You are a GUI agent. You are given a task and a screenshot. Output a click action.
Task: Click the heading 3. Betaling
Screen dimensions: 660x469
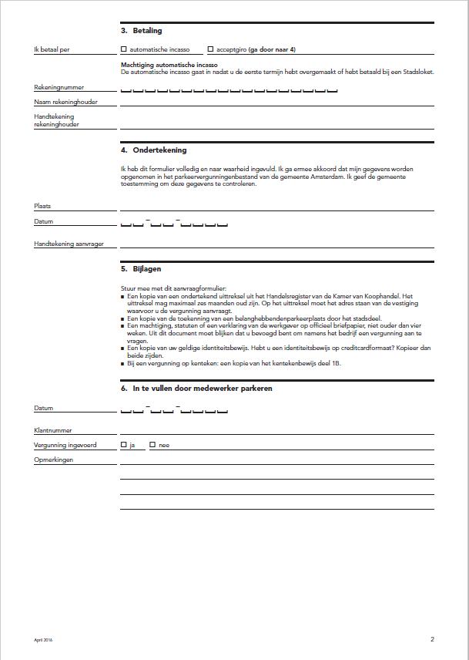(142, 31)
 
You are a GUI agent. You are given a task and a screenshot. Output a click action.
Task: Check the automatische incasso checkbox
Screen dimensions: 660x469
(124, 49)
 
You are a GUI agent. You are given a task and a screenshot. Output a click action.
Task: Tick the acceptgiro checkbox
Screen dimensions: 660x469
(211, 49)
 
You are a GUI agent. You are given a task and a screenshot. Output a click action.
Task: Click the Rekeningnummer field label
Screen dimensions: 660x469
(59, 88)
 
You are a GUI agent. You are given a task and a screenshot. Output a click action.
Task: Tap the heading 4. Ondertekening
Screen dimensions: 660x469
(154, 150)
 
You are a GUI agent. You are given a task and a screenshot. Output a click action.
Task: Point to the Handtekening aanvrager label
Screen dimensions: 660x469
(69, 244)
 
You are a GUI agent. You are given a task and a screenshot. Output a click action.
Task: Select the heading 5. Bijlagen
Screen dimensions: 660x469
(142, 269)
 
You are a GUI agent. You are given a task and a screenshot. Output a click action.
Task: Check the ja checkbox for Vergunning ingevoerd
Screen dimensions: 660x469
(124, 445)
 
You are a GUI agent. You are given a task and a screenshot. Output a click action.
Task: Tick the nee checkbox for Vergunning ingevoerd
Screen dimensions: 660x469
(152, 445)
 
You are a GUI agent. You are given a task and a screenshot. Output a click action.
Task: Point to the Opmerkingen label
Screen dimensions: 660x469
(54, 460)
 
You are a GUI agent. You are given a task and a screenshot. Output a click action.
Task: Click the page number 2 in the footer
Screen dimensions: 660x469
(432, 639)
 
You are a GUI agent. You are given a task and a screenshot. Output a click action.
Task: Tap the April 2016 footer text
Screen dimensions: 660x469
(43, 640)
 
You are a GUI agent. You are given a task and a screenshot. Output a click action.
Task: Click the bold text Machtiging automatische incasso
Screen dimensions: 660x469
(169, 66)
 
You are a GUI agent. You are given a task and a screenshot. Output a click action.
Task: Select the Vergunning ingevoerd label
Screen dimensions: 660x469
(65, 446)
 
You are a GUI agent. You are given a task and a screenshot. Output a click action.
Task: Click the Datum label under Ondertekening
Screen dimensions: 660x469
(44, 222)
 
